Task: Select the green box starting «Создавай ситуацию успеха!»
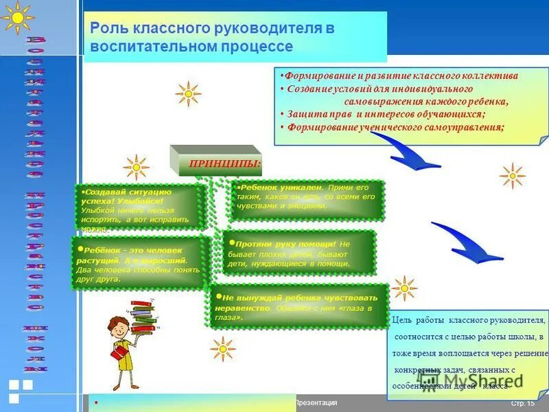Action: click(140, 207)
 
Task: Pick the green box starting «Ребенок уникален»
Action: click(305, 200)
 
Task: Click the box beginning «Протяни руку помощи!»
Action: click(300, 252)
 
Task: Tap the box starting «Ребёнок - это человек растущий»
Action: click(139, 262)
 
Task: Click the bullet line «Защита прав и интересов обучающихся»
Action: click(385, 114)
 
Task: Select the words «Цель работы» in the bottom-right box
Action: click(419, 321)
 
